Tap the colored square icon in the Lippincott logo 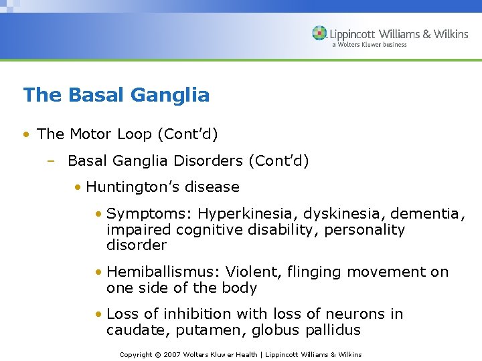[319, 33]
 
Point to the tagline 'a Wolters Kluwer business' [370, 45]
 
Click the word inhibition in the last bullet [204, 314]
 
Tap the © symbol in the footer [159, 354]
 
